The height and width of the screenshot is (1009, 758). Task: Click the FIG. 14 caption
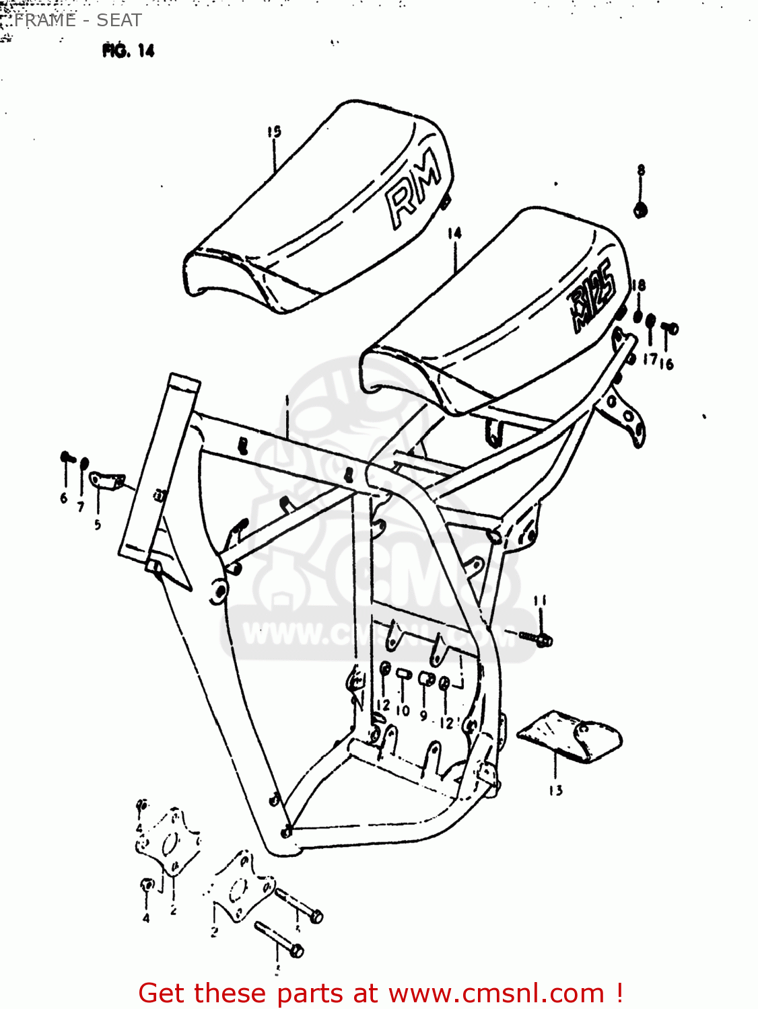coord(129,50)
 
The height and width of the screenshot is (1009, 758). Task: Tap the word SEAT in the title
coord(119,20)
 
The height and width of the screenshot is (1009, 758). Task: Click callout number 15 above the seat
coord(273,132)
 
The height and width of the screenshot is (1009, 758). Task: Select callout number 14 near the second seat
coord(454,233)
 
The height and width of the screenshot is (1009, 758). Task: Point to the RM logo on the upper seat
coord(413,189)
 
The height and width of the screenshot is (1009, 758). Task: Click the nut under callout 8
coord(640,210)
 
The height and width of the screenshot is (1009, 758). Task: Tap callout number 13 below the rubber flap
coord(555,790)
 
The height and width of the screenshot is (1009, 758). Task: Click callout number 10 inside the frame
coord(403,710)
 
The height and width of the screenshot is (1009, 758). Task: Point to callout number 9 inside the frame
coord(423,716)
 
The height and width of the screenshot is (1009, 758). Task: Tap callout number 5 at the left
coord(98,524)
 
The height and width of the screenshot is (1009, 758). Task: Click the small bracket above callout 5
coord(106,480)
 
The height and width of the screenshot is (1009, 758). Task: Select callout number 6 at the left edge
coord(64,498)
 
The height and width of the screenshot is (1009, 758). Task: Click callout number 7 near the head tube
coord(81,507)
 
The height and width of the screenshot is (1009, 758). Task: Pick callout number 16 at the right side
coord(666,364)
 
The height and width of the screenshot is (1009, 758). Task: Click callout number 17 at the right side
coord(650,359)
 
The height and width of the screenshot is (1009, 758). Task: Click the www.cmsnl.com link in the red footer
coord(497,993)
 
